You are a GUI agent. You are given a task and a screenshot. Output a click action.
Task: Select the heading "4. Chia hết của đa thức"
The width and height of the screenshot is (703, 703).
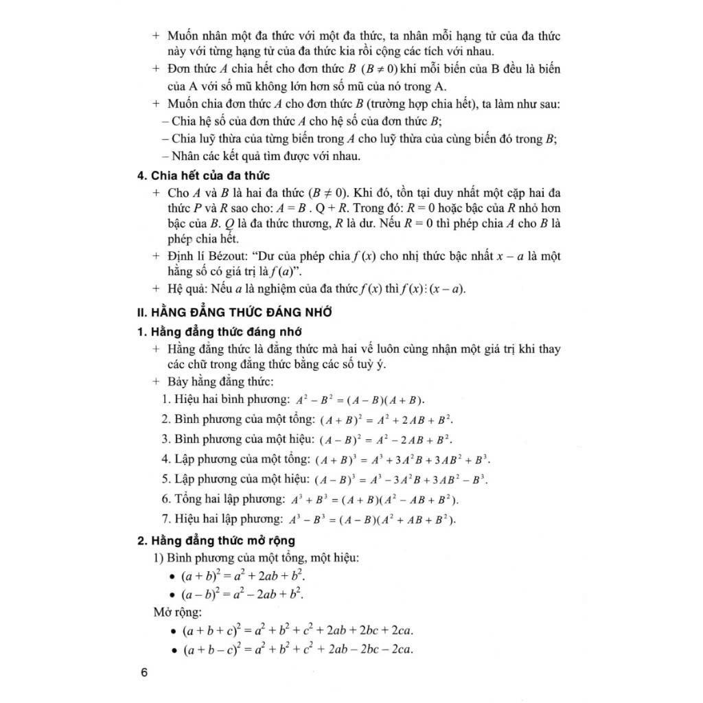click(203, 175)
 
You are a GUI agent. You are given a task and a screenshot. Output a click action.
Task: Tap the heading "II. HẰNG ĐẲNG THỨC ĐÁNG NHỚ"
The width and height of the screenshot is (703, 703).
click(235, 312)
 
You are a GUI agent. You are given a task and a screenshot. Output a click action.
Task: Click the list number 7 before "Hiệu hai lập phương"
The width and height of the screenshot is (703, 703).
click(165, 519)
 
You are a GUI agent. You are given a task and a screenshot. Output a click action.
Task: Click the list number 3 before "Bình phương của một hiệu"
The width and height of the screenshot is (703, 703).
click(165, 439)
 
